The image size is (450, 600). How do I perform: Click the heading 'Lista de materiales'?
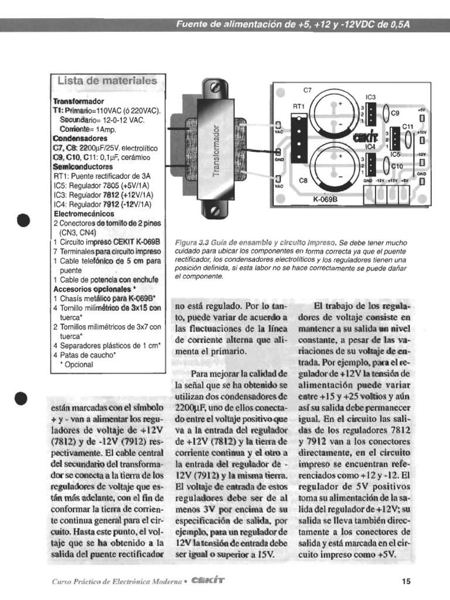point(107,80)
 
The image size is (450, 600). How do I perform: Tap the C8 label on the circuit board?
point(303,181)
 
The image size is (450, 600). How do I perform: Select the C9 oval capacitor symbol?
point(387,113)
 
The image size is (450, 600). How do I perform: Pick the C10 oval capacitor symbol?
point(387,166)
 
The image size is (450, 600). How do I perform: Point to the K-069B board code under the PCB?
point(334,198)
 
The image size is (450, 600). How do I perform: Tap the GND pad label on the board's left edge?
point(278,159)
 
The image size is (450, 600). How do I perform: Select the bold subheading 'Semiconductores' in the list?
point(83,167)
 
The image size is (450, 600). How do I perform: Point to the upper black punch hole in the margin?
point(23,220)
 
